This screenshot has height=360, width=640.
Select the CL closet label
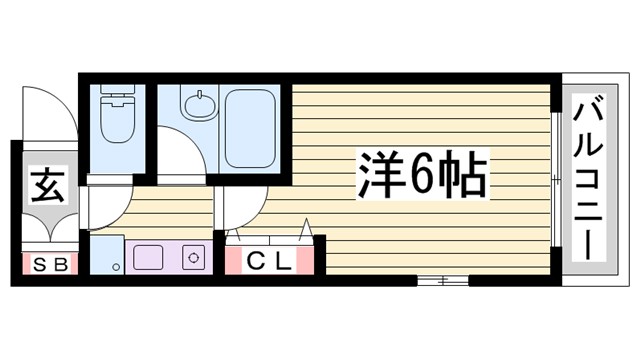point(269,263)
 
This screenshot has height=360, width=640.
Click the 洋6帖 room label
point(421,177)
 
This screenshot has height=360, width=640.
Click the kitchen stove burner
point(192,256)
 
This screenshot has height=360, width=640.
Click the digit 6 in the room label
point(421,177)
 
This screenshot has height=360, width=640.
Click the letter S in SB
point(36,265)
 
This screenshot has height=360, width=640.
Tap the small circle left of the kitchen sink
point(117,267)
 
